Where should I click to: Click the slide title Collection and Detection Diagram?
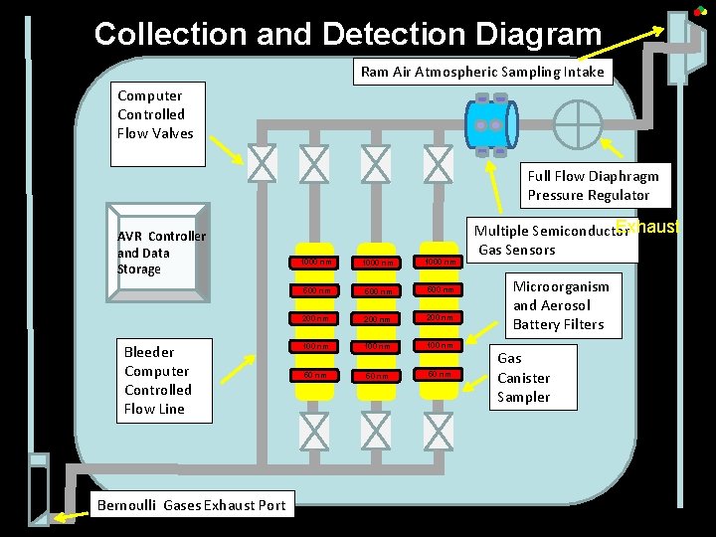click(348, 34)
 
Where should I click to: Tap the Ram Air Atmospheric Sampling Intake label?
click(482, 72)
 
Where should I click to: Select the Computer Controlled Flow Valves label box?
click(155, 114)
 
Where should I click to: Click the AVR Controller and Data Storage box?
click(160, 253)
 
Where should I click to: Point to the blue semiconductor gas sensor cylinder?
click(490, 125)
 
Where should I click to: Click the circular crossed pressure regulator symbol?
click(578, 125)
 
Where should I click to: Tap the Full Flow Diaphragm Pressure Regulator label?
click(592, 185)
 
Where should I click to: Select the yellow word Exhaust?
click(647, 227)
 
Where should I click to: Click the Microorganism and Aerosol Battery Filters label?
click(560, 304)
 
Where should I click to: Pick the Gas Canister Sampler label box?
click(523, 378)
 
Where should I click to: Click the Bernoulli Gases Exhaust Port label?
click(191, 505)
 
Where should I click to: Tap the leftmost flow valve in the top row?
click(262, 163)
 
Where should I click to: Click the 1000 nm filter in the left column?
click(314, 263)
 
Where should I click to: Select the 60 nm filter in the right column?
click(437, 374)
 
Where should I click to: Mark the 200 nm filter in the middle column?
click(376, 319)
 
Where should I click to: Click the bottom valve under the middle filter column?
click(376, 430)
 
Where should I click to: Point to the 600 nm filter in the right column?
click(437, 290)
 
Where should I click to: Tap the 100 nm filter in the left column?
click(314, 346)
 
